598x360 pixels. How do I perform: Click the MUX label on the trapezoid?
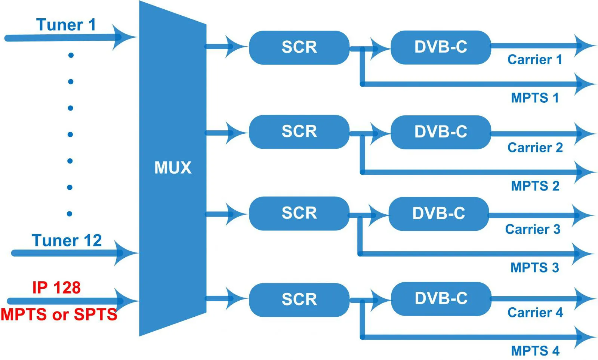(173, 168)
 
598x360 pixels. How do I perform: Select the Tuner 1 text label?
(66, 25)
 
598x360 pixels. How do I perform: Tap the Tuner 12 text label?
(67, 240)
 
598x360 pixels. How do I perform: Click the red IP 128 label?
(56, 288)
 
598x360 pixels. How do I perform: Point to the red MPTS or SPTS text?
(59, 314)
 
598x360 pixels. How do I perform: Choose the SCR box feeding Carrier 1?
(299, 47)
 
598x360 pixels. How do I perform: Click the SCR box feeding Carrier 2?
(299, 131)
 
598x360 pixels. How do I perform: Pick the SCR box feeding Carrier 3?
(299, 213)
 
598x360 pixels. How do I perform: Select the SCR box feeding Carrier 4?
(299, 300)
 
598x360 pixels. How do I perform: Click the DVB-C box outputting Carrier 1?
(441, 47)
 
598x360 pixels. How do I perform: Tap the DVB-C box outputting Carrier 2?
(441, 132)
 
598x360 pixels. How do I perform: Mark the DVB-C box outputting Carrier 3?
(438, 214)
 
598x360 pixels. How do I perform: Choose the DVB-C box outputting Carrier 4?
(441, 298)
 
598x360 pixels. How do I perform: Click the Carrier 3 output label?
(533, 229)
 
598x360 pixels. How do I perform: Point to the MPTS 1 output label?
(535, 98)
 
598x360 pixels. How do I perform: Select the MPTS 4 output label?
(535, 351)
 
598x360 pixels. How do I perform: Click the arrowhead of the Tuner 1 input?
(123, 37)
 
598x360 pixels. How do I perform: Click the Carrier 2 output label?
(535, 148)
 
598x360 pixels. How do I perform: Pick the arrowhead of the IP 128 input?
(125, 301)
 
